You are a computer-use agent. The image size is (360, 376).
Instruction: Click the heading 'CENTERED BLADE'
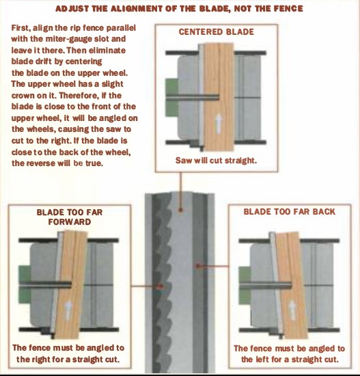pos(216,32)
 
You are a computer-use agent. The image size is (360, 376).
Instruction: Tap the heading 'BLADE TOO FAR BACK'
pos(289,212)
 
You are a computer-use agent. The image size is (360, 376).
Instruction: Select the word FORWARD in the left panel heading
pos(70,221)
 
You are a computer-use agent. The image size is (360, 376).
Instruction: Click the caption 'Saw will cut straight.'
pos(216,160)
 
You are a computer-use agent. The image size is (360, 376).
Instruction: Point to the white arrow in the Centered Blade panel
pos(218,124)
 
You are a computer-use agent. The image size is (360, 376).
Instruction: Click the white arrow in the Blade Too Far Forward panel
pos(68,310)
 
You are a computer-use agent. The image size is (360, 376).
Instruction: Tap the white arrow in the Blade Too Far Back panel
pos(292,310)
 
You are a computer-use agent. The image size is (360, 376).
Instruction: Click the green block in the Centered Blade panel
pos(171,98)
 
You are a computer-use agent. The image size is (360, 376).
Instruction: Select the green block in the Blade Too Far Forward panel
pos(25,285)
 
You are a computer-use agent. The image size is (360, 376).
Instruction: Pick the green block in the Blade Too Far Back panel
pos(245,285)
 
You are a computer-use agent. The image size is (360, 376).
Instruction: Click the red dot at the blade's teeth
pos(160,286)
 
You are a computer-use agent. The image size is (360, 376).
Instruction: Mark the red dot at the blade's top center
pos(181,210)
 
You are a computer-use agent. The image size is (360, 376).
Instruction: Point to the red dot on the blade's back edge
pos(197,266)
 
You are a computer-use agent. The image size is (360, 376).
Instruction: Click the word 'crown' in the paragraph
pos(22,96)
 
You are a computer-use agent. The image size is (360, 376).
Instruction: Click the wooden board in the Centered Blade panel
pos(219,96)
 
